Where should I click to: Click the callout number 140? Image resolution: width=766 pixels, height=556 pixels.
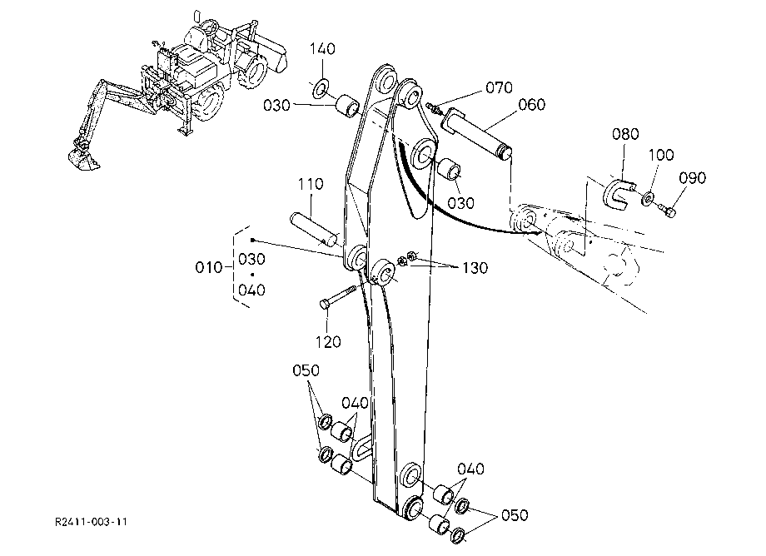[322, 49]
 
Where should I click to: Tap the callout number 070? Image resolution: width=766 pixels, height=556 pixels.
[500, 88]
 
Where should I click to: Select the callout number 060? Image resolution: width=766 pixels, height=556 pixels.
[532, 105]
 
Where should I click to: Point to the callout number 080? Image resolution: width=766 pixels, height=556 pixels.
[626, 134]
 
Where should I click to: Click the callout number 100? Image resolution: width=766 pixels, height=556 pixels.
[661, 155]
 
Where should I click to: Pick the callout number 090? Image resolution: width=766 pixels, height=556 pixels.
[693, 177]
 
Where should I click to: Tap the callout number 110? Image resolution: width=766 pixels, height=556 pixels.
[311, 184]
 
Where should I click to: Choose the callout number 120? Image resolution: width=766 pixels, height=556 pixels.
[328, 342]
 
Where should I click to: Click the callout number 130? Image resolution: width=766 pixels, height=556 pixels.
[475, 268]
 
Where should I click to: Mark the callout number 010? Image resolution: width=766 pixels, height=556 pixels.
[209, 267]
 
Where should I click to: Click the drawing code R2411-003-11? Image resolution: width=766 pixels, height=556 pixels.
[92, 522]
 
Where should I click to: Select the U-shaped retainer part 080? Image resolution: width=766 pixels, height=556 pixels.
[616, 194]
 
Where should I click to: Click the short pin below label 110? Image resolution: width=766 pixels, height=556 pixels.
[313, 228]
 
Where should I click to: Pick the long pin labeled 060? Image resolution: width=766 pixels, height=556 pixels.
[476, 132]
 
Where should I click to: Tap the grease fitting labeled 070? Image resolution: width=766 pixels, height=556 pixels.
[432, 107]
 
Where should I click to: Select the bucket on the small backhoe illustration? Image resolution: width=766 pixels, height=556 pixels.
[82, 159]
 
